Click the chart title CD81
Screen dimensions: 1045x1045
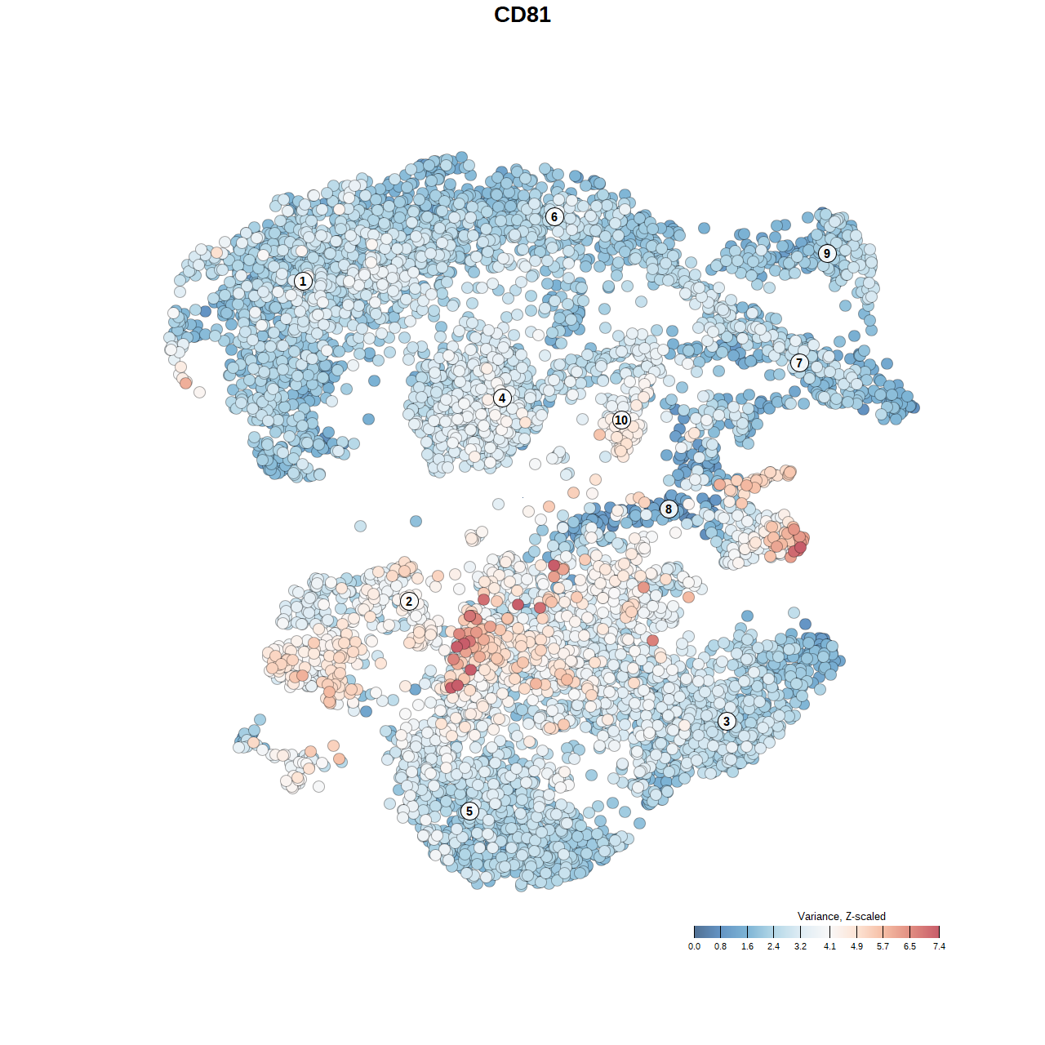tap(522, 15)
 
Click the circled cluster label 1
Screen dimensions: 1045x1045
tap(303, 281)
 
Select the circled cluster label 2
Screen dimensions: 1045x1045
tap(409, 602)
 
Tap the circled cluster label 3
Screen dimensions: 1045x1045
tap(727, 721)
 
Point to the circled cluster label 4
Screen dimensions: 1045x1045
tap(502, 398)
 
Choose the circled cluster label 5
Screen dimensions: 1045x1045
tap(469, 811)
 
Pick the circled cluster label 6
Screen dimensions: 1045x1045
tap(554, 216)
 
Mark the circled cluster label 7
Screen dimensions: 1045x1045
tap(799, 363)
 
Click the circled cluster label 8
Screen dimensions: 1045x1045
tap(669, 509)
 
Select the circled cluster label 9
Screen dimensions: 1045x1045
tap(827, 253)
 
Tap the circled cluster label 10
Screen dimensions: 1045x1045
tap(621, 420)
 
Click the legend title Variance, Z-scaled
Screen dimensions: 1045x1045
tap(841, 916)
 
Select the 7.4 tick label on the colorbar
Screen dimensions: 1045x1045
tap(939, 946)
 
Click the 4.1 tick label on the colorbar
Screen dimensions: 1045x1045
tap(829, 946)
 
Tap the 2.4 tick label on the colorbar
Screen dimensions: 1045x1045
tap(773, 946)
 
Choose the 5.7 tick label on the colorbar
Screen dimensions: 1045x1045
tap(883, 946)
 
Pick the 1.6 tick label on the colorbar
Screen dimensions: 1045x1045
tap(747, 946)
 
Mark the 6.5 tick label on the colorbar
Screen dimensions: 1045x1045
tap(909, 946)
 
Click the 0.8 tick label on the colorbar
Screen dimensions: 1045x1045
tap(720, 946)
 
